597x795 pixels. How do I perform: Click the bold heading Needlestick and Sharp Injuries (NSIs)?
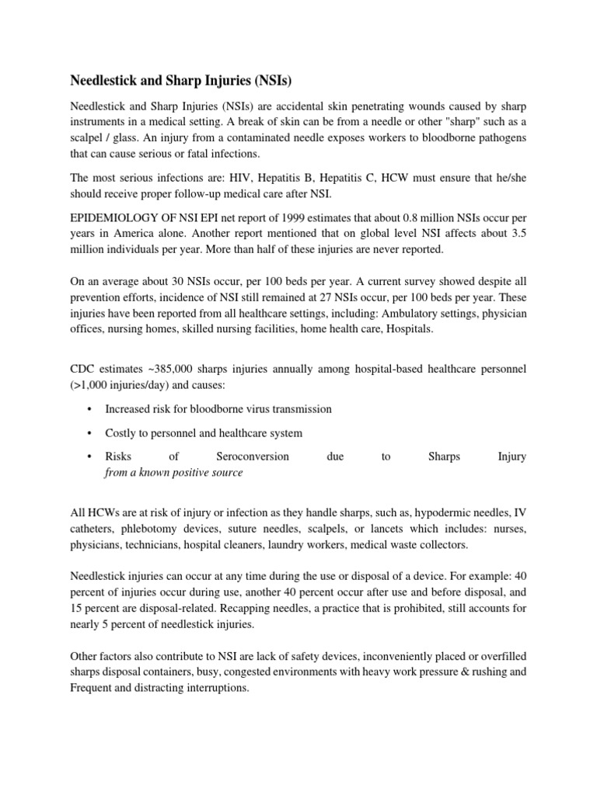181,80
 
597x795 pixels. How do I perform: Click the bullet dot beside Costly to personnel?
90,433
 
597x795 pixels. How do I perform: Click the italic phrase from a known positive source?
173,473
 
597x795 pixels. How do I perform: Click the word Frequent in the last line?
95,689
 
